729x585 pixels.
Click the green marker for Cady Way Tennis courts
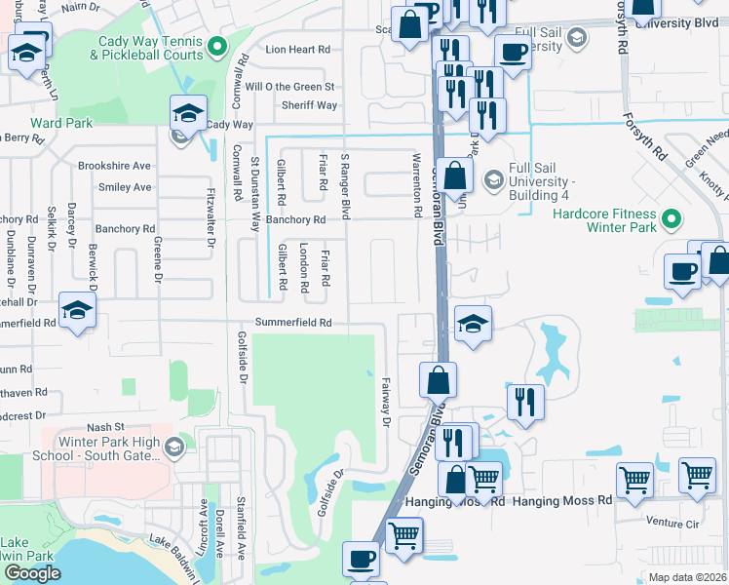coord(217,44)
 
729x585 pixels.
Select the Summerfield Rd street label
coord(293,323)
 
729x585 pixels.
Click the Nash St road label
coord(106,427)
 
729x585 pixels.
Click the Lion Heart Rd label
coord(298,49)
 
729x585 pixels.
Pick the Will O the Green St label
coord(289,87)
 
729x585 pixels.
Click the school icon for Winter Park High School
coord(174,448)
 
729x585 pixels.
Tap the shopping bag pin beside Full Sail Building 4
coord(454,176)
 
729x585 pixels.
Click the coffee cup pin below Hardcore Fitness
coord(682,271)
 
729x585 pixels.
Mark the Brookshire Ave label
coord(115,166)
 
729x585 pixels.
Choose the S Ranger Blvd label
coord(343,185)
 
